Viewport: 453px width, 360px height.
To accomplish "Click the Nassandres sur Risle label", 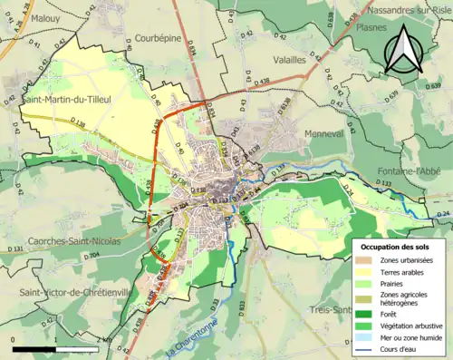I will pos(409,11).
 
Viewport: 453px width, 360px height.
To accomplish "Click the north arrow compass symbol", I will pos(403,50).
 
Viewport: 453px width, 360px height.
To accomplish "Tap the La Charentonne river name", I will pos(196,340).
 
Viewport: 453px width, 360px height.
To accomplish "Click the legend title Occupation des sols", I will pos(400,246).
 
